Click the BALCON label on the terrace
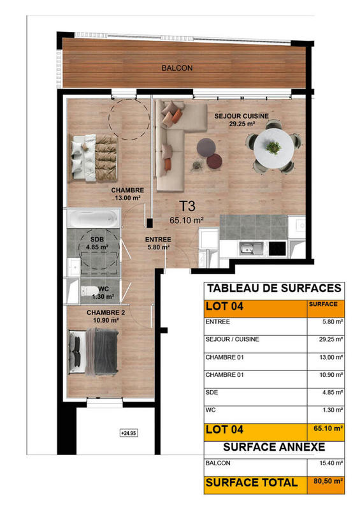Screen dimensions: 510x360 point(176,68)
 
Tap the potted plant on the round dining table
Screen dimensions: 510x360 point(274,148)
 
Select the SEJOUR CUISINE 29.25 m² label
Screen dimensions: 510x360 point(241,120)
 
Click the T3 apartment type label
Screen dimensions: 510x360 point(186,206)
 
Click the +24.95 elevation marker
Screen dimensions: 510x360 point(129,433)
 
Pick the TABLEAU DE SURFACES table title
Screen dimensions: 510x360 point(275,288)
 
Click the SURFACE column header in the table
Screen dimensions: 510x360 point(323,305)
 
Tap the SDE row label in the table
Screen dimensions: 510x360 point(212,392)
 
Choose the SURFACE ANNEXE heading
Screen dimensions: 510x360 point(275,447)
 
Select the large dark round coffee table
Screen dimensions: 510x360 point(206,146)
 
